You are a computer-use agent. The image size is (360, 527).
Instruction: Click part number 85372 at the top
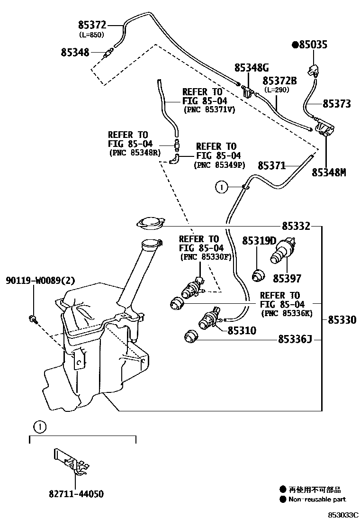click(x=92, y=25)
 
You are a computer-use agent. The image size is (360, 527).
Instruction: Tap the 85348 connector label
click(x=75, y=53)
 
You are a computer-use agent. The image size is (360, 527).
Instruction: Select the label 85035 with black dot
click(x=310, y=45)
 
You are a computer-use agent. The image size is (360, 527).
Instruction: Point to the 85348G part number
click(x=252, y=68)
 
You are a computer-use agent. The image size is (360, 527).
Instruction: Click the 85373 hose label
click(x=337, y=104)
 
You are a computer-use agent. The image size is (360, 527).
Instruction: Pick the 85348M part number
click(x=329, y=173)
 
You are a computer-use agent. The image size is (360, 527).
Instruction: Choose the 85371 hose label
click(x=272, y=165)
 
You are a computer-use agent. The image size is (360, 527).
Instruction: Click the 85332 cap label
click(x=296, y=226)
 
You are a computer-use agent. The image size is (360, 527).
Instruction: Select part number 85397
click(x=287, y=279)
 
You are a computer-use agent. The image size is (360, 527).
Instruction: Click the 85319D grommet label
click(x=259, y=241)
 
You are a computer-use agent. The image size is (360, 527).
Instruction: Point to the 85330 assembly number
click(x=342, y=319)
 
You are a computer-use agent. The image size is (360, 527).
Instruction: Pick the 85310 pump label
click(x=242, y=331)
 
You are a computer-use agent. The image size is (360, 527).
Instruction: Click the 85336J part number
click(x=295, y=339)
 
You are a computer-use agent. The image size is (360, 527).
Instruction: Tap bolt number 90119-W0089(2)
click(x=40, y=280)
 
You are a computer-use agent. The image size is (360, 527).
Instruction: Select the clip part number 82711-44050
click(x=76, y=494)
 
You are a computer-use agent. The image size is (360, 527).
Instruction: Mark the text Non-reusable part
click(x=317, y=500)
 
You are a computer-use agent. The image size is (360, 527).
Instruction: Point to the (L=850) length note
click(x=92, y=35)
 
